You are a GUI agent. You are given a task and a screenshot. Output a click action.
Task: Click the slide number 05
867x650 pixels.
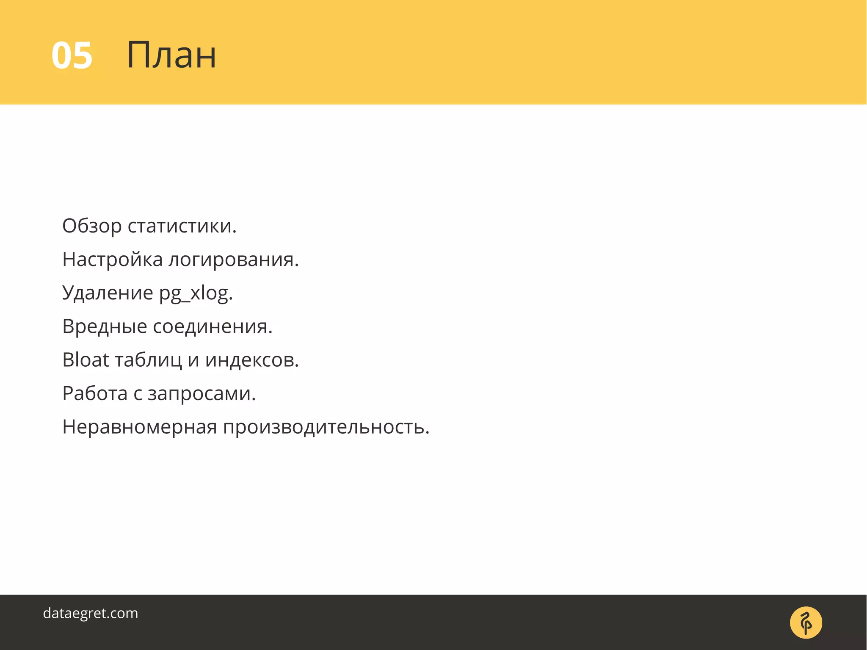point(72,56)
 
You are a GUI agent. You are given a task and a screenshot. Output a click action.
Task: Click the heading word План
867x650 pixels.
point(171,55)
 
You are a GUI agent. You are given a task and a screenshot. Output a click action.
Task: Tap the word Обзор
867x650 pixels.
point(91,226)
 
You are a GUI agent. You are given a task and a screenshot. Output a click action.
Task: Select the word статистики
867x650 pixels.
point(182,226)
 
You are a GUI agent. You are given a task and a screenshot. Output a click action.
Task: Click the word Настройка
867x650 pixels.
point(112,260)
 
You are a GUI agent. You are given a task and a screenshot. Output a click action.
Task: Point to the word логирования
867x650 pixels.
point(234,260)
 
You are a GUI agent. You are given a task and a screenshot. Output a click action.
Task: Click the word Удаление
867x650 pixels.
point(108,293)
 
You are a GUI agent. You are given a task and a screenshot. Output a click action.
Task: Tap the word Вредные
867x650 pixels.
point(105,326)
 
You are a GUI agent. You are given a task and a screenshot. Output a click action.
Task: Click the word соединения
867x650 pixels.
point(213,326)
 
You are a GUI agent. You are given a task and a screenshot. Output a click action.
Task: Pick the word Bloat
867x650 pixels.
point(86,360)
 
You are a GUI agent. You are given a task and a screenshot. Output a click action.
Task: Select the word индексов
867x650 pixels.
point(252,360)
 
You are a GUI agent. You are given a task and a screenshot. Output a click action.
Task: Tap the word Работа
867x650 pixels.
point(95,393)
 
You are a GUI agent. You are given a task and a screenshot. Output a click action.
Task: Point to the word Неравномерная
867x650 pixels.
point(140,427)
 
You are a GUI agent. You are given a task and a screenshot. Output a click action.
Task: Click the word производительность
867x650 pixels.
point(326,427)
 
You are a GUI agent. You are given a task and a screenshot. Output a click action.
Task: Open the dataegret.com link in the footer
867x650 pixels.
point(91,613)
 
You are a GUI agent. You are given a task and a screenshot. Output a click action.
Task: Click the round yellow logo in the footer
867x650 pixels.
point(806,622)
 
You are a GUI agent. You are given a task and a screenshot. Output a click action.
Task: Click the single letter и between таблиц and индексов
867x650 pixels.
point(193,361)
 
